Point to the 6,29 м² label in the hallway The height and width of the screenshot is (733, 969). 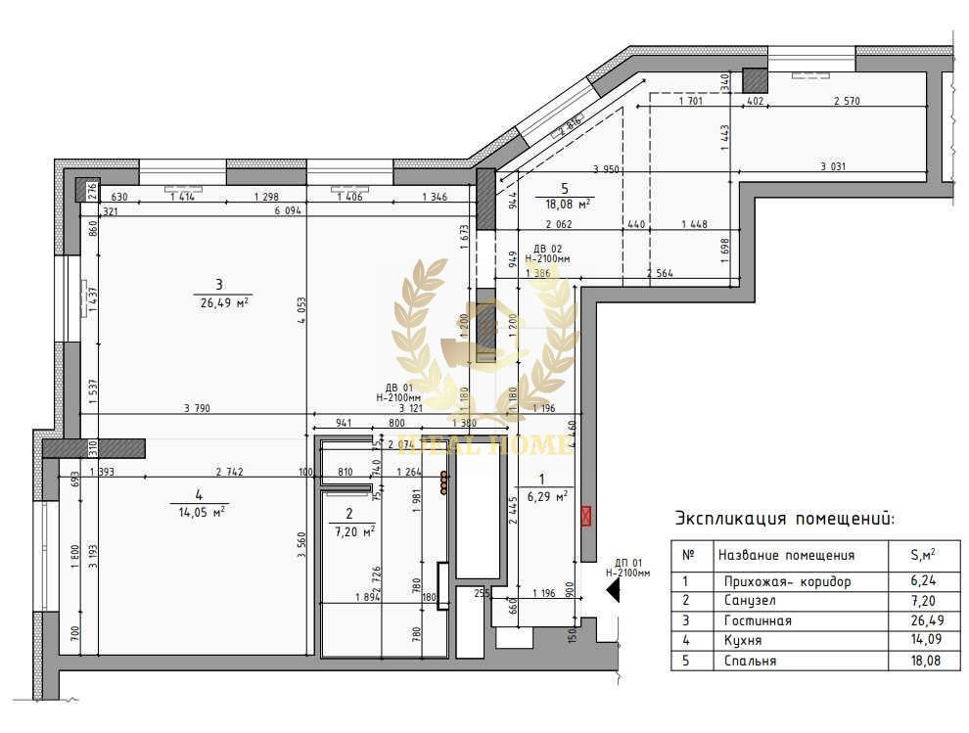tap(547, 496)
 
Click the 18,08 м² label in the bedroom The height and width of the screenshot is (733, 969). tap(567, 204)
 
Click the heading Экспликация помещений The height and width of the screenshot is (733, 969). tap(784, 519)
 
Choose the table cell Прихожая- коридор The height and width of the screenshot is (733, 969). tap(784, 581)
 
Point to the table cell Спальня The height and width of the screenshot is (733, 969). tap(747, 661)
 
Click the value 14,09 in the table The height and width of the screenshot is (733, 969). tap(920, 640)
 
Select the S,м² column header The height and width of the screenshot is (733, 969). tap(920, 555)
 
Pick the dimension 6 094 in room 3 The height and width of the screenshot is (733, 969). tap(288, 210)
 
